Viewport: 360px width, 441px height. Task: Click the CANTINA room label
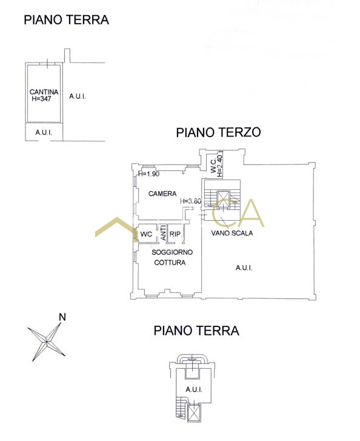click(x=44, y=92)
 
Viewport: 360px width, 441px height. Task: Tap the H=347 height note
click(x=41, y=99)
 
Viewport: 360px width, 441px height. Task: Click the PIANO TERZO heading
click(x=218, y=132)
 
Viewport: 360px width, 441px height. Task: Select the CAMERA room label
click(x=162, y=194)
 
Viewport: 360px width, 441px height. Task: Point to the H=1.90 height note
click(x=149, y=174)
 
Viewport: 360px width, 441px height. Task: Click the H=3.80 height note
click(x=190, y=201)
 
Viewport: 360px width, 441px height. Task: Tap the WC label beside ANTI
click(x=146, y=234)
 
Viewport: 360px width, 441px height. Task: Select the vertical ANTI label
click(x=162, y=232)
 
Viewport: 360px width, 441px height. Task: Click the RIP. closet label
click(x=176, y=234)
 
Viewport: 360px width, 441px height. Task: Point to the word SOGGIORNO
click(x=172, y=252)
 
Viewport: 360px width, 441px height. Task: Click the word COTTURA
click(x=170, y=263)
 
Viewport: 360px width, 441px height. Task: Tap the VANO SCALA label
click(x=232, y=233)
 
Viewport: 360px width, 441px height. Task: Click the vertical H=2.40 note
click(x=220, y=166)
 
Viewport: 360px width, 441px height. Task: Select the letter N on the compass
click(x=62, y=317)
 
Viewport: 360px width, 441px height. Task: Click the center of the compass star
click(x=47, y=342)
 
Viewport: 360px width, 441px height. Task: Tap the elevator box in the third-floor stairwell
click(x=224, y=199)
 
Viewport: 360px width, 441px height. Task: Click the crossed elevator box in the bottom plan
click(x=193, y=412)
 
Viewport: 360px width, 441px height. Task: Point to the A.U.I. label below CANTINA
click(x=44, y=132)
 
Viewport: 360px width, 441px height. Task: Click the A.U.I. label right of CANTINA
click(x=78, y=96)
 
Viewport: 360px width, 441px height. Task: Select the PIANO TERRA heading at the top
click(x=66, y=20)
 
